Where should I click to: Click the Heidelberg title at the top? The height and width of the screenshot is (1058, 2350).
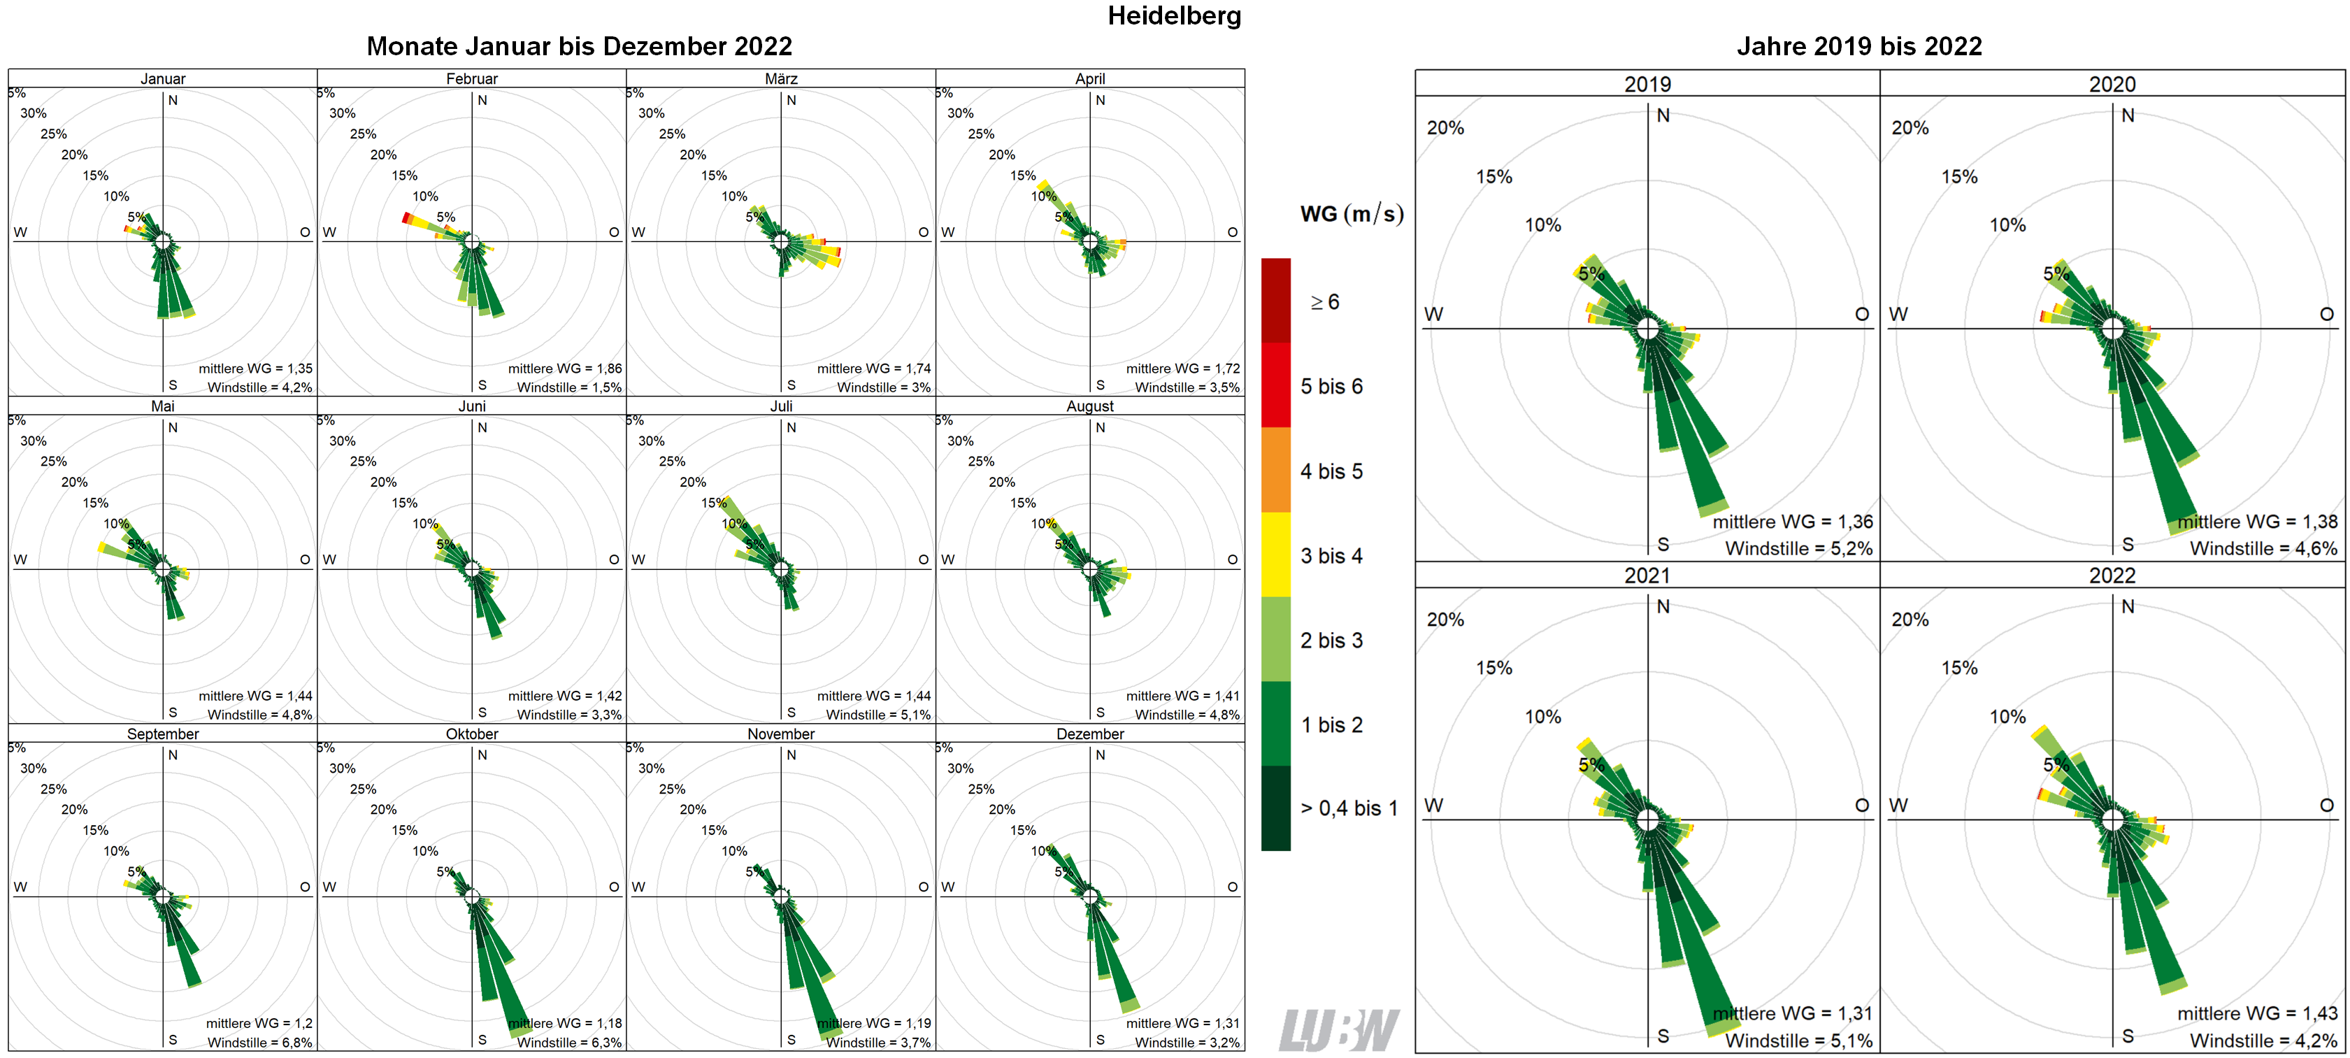tap(1173, 15)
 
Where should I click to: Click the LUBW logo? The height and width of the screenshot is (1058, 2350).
tap(1338, 1030)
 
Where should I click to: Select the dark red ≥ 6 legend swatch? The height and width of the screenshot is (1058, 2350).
tap(1275, 301)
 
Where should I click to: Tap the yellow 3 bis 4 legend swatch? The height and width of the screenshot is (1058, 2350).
tap(1275, 555)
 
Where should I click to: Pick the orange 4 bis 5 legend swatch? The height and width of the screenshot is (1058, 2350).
tap(1275, 470)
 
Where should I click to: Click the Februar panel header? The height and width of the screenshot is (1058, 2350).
tap(472, 78)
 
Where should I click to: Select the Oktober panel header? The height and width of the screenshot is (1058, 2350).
tap(472, 734)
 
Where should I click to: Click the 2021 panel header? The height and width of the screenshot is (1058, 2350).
tap(1647, 576)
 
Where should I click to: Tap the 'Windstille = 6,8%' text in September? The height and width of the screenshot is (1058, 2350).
tap(259, 1042)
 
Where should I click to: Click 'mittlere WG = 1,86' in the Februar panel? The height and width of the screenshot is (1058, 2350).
tap(565, 369)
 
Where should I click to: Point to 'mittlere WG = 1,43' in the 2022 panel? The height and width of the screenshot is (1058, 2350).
tap(2257, 1013)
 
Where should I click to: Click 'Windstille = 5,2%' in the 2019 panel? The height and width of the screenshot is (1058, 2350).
tap(1798, 548)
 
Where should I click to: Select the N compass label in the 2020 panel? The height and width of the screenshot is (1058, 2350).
tap(2128, 116)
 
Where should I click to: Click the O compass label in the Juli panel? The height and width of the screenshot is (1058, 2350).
tap(922, 559)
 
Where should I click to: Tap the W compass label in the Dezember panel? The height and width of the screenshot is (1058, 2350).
tap(948, 887)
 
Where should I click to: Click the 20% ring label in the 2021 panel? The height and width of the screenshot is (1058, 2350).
tap(1445, 620)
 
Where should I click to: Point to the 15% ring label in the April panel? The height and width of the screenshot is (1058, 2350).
tap(1023, 175)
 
